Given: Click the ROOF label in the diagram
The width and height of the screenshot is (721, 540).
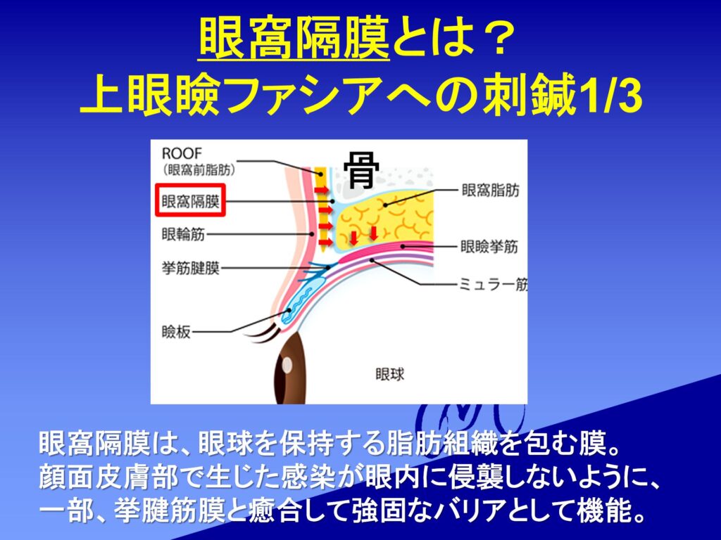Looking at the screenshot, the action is point(182,153).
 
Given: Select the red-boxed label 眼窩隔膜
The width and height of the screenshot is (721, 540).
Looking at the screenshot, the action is point(190,200).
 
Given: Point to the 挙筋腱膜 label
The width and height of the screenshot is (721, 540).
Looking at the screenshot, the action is point(190,268).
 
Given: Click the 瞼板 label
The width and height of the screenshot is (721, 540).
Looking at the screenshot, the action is point(176,332).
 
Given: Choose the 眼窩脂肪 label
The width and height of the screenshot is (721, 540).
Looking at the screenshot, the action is point(491,190).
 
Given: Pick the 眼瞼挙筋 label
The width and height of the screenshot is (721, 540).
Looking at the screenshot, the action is point(489,247).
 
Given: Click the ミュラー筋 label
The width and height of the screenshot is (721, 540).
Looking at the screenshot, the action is point(494,285).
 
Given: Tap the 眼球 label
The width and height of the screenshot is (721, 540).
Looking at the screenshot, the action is point(390,374).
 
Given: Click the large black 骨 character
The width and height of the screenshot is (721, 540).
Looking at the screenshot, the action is point(361,170).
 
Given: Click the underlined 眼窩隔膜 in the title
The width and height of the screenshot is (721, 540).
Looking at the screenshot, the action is point(294,39).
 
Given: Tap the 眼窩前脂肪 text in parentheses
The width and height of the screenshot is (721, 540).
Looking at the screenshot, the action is point(199,170).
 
